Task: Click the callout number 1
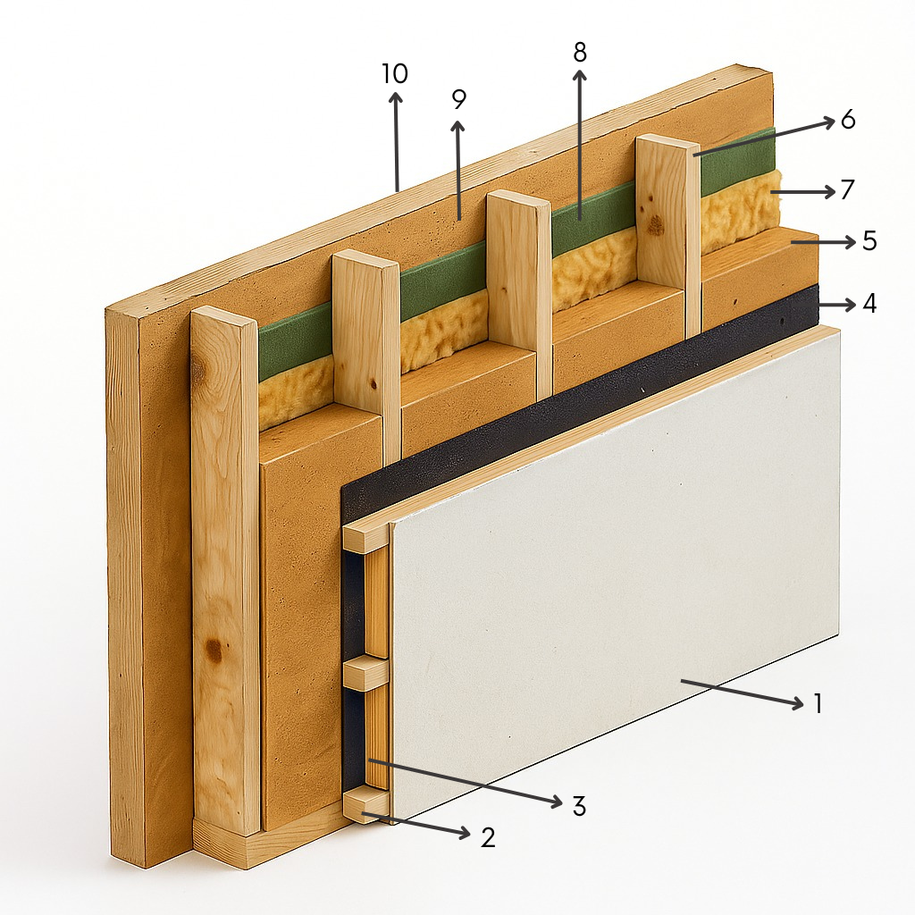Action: pyautogui.click(x=818, y=703)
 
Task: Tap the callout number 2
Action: pyautogui.click(x=488, y=836)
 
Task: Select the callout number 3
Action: pyautogui.click(x=578, y=805)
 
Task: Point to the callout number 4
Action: pyautogui.click(x=869, y=304)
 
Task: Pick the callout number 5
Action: pyautogui.click(x=869, y=240)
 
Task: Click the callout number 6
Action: pyautogui.click(x=848, y=119)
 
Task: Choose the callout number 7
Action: pyautogui.click(x=847, y=189)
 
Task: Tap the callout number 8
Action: pyautogui.click(x=579, y=52)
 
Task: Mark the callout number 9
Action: pyautogui.click(x=459, y=100)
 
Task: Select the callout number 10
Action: pyautogui.click(x=395, y=73)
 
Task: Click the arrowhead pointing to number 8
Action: pyautogui.click(x=579, y=76)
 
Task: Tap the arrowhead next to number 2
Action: pyautogui.click(x=465, y=834)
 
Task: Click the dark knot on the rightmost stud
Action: pyautogui.click(x=656, y=223)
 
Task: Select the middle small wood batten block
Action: pyautogui.click(x=365, y=673)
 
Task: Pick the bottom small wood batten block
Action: pyautogui.click(x=365, y=806)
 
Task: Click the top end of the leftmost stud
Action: pyautogui.click(x=224, y=321)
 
